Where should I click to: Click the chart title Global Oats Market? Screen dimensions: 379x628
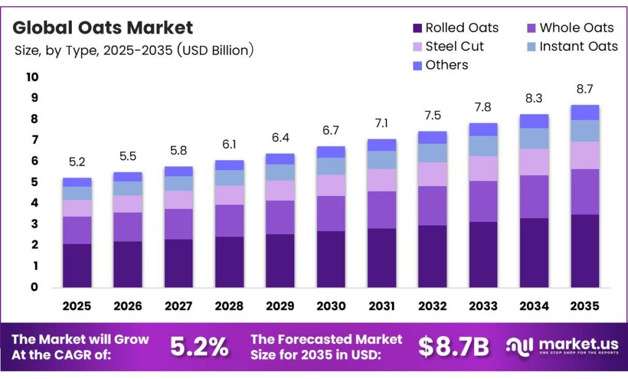pos(102,28)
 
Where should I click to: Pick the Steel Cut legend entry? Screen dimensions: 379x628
pos(448,47)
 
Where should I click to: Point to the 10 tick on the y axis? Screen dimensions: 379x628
pos(32,77)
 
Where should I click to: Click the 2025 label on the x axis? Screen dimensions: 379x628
pos(77,306)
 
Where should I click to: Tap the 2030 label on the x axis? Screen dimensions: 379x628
pos(331,306)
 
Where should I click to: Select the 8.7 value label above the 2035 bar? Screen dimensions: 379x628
pos(584,89)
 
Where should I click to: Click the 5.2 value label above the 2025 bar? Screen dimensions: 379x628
pos(77,163)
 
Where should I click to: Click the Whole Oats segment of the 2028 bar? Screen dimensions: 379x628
pos(229,221)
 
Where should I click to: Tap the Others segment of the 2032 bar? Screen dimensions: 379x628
pos(432,137)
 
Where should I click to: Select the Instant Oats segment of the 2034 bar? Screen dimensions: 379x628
pos(534,138)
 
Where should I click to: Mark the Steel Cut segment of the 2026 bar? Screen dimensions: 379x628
pos(128,204)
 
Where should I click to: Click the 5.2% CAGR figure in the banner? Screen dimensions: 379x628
pos(199,347)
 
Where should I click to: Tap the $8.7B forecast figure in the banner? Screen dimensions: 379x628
pos(454,347)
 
